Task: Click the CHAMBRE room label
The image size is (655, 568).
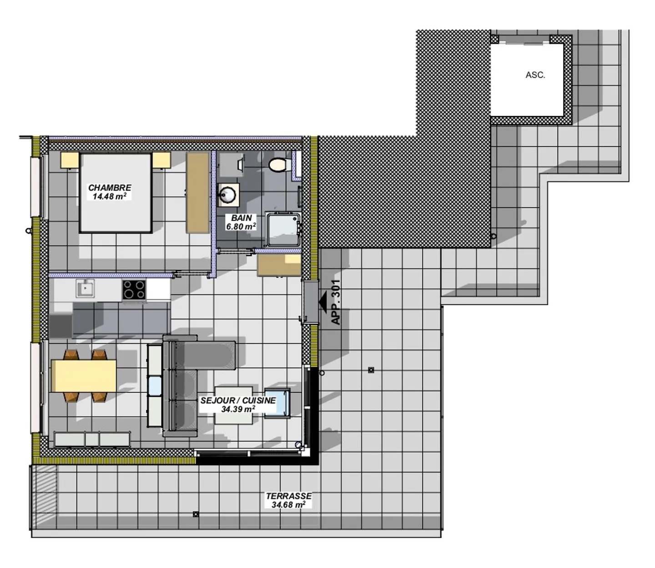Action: (110, 187)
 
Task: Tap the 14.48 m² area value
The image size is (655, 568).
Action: (109, 196)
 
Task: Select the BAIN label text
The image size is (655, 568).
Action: (241, 218)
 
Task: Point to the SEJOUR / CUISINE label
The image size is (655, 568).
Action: (238, 400)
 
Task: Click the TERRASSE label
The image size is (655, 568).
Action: (289, 496)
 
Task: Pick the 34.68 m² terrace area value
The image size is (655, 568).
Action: (288, 505)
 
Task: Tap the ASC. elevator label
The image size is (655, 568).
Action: (535, 75)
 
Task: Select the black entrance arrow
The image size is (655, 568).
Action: (324, 302)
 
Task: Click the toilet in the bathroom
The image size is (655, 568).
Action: (277, 164)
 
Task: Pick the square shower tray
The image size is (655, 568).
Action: (283, 229)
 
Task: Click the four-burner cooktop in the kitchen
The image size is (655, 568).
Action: (134, 289)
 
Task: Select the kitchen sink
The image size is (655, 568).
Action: (85, 288)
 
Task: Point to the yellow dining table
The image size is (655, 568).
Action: (84, 376)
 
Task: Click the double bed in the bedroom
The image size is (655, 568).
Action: (116, 193)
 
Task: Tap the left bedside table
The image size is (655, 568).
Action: (70, 160)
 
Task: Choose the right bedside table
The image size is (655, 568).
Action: (161, 160)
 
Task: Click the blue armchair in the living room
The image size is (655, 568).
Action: (277, 402)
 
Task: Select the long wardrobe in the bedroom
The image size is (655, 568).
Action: (198, 193)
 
